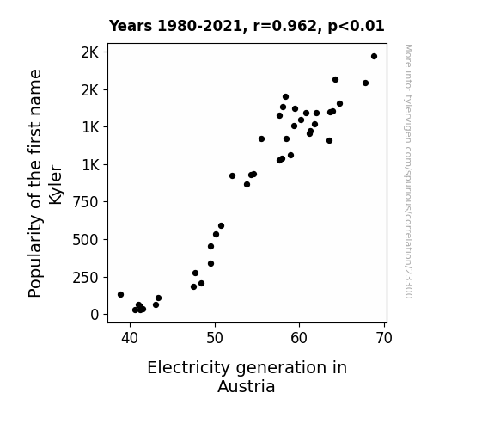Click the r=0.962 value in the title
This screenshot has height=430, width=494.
pyautogui.click(x=286, y=26)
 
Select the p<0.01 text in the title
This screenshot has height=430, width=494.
pyautogui.click(x=356, y=27)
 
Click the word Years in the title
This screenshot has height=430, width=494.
pyautogui.click(x=131, y=26)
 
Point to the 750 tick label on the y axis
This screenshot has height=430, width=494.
pyautogui.click(x=85, y=202)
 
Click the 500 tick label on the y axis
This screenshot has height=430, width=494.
pyautogui.click(x=85, y=240)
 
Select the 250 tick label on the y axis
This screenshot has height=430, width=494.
pyautogui.click(x=85, y=278)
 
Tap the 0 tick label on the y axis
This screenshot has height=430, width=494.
pyautogui.click(x=95, y=315)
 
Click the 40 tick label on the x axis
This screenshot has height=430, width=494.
pyautogui.click(x=130, y=338)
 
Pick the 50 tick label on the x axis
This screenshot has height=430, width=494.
pyautogui.click(x=215, y=338)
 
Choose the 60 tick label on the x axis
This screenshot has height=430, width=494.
pyautogui.click(x=299, y=338)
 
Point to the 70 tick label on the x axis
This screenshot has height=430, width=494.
pyautogui.click(x=384, y=338)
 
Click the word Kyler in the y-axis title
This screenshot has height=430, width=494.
pyautogui.click(x=56, y=185)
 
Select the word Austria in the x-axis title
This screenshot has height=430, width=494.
pyautogui.click(x=246, y=386)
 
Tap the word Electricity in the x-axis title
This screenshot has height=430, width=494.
pyautogui.click(x=189, y=368)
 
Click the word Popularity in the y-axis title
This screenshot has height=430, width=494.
pyautogui.click(x=35, y=256)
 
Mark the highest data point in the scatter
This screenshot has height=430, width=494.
pyautogui.click(x=374, y=57)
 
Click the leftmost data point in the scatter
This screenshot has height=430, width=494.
pyautogui.click(x=120, y=295)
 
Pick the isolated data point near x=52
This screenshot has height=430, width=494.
pyautogui.click(x=232, y=176)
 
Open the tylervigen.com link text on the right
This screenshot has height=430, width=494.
pyautogui.click(x=408, y=171)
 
